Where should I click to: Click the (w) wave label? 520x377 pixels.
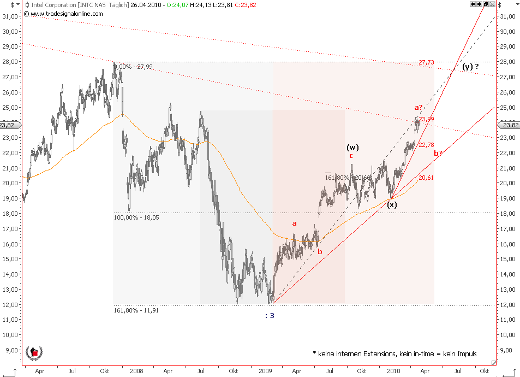(x=353, y=147)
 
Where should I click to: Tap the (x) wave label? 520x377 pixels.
(x=392, y=205)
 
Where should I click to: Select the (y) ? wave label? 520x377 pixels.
(x=470, y=67)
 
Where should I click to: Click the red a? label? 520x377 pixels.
(x=419, y=108)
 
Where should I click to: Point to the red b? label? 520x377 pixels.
(x=438, y=153)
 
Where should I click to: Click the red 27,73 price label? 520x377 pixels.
(x=426, y=62)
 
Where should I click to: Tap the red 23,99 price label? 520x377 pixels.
(x=427, y=119)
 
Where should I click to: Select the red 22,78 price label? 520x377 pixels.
(x=426, y=145)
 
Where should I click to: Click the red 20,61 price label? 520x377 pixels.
(x=426, y=178)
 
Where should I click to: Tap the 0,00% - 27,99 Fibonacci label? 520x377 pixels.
(x=134, y=67)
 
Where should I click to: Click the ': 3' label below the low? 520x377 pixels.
(x=269, y=315)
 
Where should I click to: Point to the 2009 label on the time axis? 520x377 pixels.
(x=266, y=370)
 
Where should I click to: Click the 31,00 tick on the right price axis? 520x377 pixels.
(x=508, y=17)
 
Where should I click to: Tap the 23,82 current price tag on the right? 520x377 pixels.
(x=510, y=125)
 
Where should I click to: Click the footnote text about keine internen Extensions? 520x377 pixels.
(x=395, y=354)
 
